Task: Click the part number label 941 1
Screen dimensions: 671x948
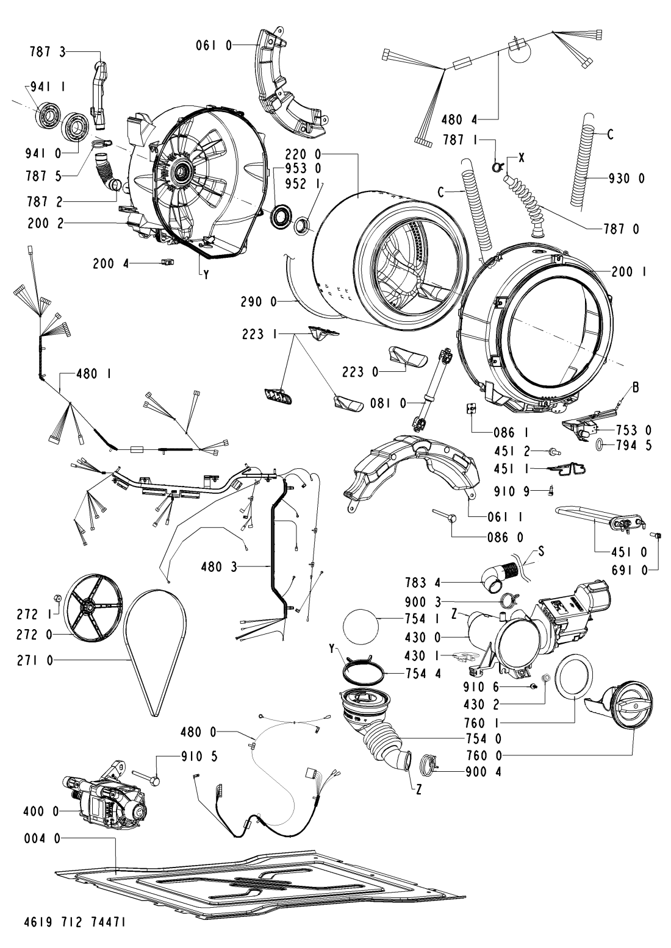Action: point(48,87)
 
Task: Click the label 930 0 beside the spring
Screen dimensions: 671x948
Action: point(626,179)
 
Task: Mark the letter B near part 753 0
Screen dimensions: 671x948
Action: point(636,387)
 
